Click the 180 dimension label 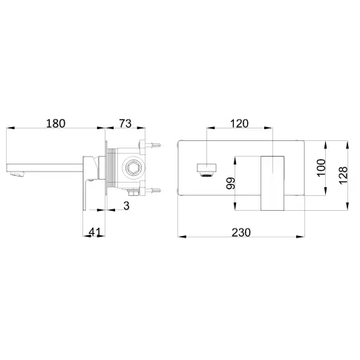click(56, 123)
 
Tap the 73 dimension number click(125, 123)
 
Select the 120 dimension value click(239, 123)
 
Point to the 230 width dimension click(241, 232)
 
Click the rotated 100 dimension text click(321, 168)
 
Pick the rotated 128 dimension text click(343, 175)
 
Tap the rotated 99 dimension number click(231, 183)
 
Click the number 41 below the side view click(95, 232)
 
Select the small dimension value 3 click(126, 206)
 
